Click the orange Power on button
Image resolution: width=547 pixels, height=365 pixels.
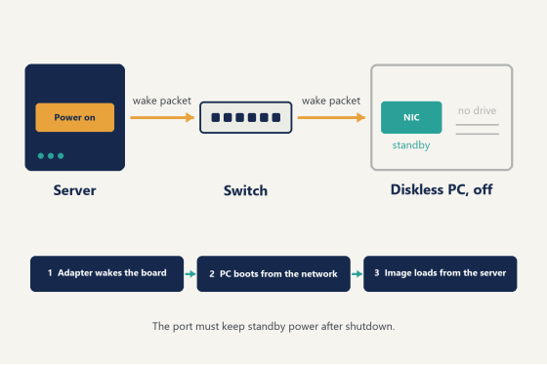pos(74,117)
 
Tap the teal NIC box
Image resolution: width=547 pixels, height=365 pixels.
pos(411,117)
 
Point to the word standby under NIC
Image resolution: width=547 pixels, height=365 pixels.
pos(411,145)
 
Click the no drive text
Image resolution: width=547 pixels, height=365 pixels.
pos(477,110)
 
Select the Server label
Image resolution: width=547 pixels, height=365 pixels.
pos(74,190)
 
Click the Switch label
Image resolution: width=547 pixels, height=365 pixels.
pos(245,190)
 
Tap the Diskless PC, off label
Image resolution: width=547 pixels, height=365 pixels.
pos(442,189)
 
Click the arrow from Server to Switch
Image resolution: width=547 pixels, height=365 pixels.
pos(162,117)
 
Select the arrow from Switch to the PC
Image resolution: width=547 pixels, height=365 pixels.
pos(331,117)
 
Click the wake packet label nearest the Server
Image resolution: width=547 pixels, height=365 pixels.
pos(162,101)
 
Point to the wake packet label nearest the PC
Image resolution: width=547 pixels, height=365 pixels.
pos(331,101)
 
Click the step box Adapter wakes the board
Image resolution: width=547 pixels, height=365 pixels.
pos(107,273)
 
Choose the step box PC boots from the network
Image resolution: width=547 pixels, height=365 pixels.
pos(273,273)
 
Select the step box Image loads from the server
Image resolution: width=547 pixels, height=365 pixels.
pos(441,273)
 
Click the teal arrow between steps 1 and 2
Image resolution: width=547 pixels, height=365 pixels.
pos(190,274)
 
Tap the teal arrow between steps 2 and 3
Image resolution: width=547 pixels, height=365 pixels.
pos(357,274)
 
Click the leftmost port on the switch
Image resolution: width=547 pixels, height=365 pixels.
pos(216,117)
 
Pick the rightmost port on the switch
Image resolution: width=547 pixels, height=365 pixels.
pos(276,117)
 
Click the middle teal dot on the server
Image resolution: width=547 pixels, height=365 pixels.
pos(51,156)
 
